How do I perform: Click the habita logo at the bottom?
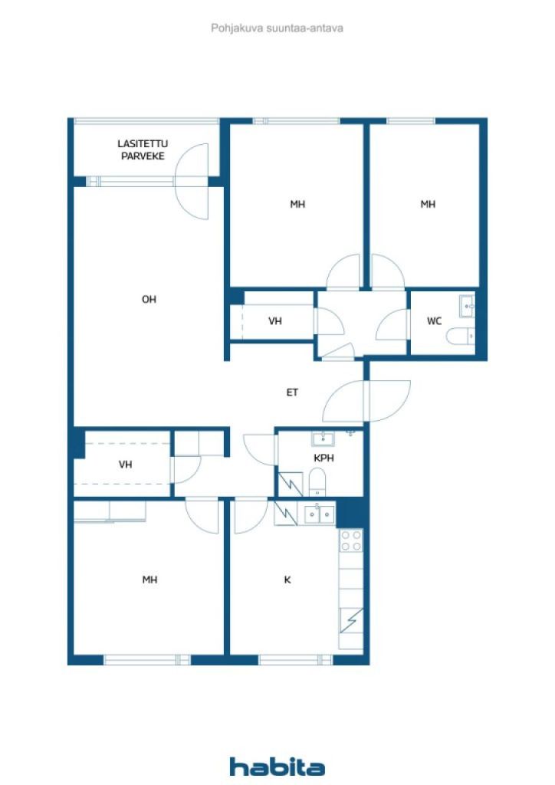click(x=277, y=767)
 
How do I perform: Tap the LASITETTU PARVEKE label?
click(x=143, y=149)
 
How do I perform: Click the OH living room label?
click(x=149, y=300)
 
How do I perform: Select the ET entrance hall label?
click(x=292, y=392)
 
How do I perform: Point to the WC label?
click(x=435, y=321)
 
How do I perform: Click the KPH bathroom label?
click(x=323, y=458)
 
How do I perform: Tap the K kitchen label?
click(x=287, y=580)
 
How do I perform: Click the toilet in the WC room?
click(x=461, y=336)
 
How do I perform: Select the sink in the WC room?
click(x=467, y=306)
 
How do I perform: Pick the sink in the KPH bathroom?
click(x=323, y=439)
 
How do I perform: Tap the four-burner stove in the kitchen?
click(x=351, y=540)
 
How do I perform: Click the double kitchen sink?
click(x=320, y=514)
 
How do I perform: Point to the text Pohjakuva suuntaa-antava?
click(x=277, y=28)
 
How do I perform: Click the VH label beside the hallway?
click(x=274, y=321)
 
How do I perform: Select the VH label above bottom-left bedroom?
click(x=125, y=465)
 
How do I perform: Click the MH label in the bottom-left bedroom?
click(x=149, y=580)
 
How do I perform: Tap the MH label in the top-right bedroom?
click(x=428, y=204)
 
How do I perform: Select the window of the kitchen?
click(x=296, y=660)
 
